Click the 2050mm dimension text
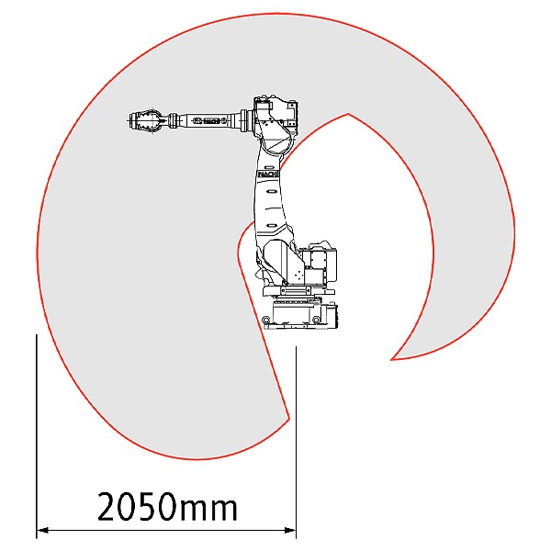(x=167, y=506)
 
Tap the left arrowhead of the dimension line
(x=42, y=530)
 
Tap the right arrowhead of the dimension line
(x=290, y=530)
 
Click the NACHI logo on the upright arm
(x=268, y=174)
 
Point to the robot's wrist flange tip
(x=129, y=120)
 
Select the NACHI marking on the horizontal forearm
(x=209, y=121)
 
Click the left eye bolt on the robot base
(x=266, y=320)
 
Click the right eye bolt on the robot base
(x=316, y=320)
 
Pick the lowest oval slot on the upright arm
(x=272, y=225)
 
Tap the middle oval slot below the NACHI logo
(x=272, y=192)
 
